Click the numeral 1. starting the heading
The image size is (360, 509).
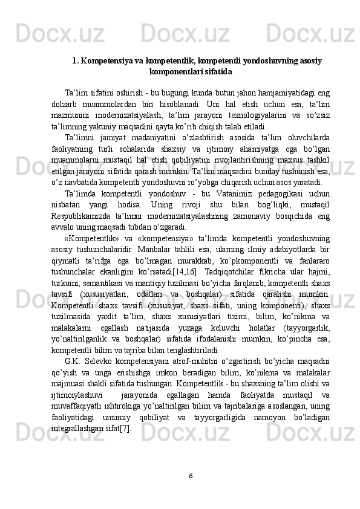[x=75, y=61]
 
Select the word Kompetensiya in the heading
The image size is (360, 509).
[x=105, y=61]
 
